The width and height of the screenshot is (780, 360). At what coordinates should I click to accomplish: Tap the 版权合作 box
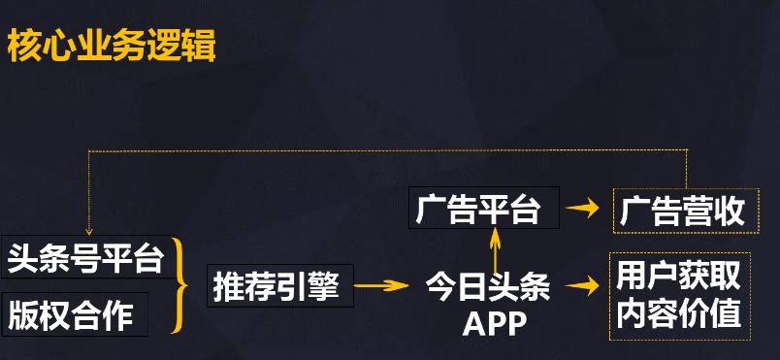click(75, 314)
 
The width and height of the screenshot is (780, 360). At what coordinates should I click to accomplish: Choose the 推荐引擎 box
click(280, 285)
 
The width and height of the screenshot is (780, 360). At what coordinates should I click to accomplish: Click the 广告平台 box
click(484, 208)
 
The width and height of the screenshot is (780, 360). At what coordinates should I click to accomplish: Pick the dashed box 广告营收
click(686, 211)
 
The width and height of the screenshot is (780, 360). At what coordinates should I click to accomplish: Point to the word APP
click(494, 323)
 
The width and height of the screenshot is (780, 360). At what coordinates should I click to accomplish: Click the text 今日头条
click(487, 287)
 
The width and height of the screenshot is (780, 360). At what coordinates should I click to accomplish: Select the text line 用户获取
click(678, 277)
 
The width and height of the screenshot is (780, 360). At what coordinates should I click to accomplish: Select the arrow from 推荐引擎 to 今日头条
click(381, 285)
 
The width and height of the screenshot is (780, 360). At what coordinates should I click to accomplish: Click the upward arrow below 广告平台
click(495, 248)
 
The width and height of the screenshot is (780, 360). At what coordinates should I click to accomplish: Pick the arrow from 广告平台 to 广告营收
click(582, 208)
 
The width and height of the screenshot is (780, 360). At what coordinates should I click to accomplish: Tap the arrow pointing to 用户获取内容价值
click(582, 286)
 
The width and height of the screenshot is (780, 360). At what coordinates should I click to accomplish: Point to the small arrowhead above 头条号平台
click(89, 231)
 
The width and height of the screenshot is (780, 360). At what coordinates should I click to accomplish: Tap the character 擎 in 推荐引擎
click(323, 286)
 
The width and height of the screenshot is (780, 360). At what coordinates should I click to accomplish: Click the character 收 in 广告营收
click(729, 211)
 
